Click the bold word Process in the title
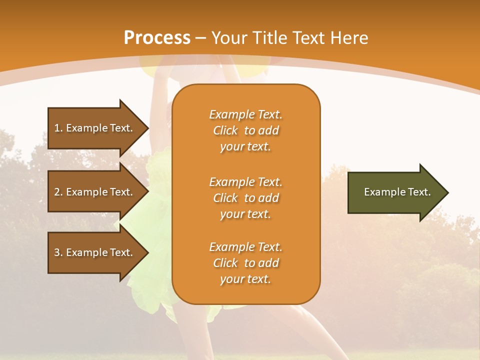tap(157, 38)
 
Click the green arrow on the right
tap(395, 192)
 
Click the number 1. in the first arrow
tap(58, 128)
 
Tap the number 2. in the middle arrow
tap(58, 192)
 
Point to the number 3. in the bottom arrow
tap(58, 252)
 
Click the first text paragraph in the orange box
tap(245, 130)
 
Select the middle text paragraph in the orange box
tap(245, 198)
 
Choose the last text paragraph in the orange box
tap(245, 263)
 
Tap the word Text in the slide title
tap(309, 38)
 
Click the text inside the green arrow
tap(397, 192)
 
